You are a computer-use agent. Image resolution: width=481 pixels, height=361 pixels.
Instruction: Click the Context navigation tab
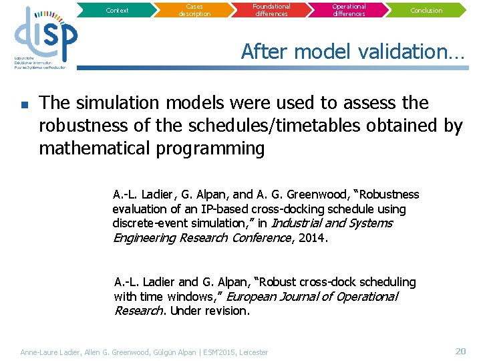pos(118,10)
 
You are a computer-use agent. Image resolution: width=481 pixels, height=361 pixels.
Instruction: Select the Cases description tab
pos(194,10)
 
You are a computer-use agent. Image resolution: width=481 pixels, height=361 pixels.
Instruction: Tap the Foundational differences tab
pos(271,10)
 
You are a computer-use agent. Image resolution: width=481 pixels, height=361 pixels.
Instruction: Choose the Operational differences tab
pos(349,10)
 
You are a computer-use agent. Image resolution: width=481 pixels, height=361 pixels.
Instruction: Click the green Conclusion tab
pos(426,10)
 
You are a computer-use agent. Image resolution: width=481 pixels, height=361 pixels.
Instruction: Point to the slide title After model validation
pos(353,51)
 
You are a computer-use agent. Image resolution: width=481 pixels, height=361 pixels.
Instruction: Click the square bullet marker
pos(24,104)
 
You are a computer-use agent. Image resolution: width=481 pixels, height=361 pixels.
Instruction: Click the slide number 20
pos(460,351)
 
